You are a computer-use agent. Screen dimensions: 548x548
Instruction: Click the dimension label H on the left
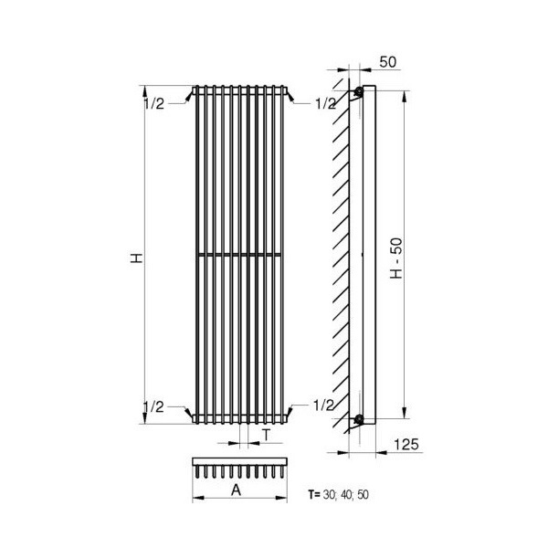click(x=137, y=258)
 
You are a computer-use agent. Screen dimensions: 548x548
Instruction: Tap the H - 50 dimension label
click(x=396, y=258)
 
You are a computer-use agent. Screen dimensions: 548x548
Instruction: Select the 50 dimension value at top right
click(x=388, y=62)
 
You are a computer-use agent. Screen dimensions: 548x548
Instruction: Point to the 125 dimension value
click(x=406, y=445)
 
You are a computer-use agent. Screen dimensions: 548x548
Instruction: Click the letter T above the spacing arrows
click(x=267, y=435)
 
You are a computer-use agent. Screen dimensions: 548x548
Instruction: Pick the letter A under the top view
click(x=237, y=490)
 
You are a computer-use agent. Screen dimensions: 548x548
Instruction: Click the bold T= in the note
click(x=314, y=494)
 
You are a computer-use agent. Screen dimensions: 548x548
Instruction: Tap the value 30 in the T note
click(x=329, y=494)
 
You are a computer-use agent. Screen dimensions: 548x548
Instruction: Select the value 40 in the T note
click(x=346, y=494)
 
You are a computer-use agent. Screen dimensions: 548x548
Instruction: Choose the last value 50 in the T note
click(x=364, y=494)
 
